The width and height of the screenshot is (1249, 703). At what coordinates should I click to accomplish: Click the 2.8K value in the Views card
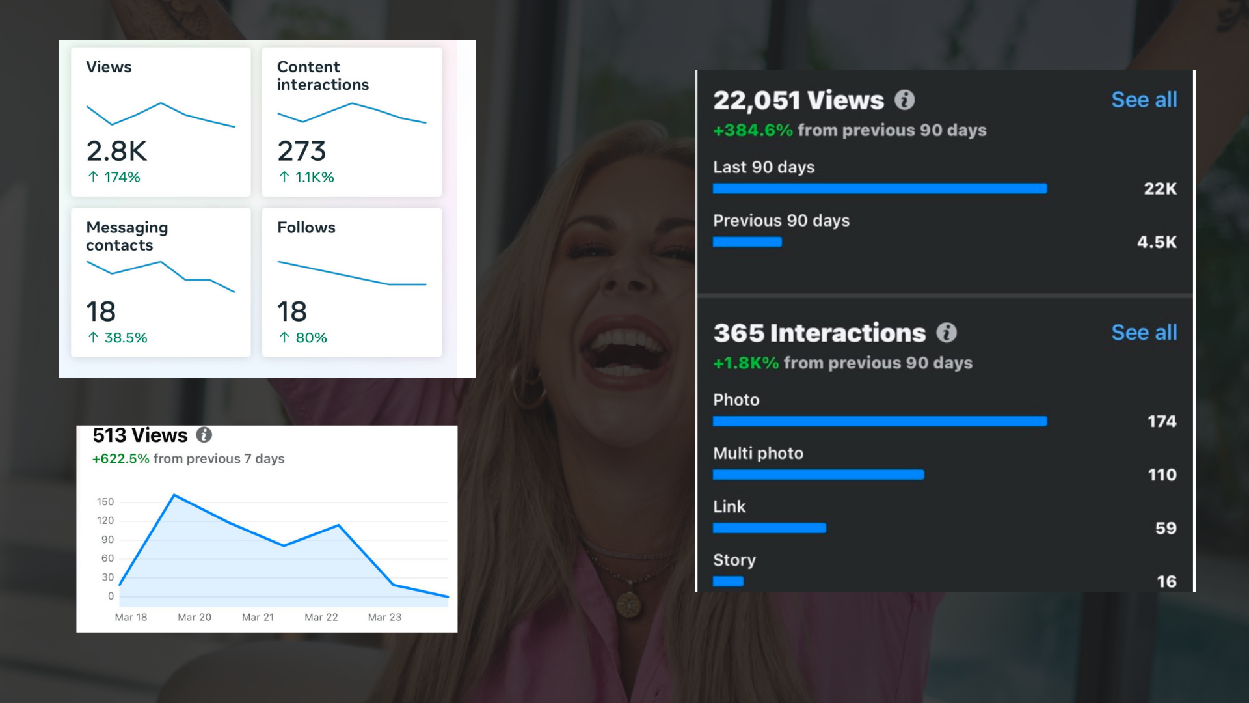[116, 151]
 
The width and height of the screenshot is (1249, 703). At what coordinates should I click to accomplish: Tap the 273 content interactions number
[301, 151]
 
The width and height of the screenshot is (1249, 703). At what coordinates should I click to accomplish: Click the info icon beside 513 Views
[204, 435]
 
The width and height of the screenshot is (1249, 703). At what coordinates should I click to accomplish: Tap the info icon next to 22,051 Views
[904, 100]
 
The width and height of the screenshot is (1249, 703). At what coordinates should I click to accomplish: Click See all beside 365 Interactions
[1144, 333]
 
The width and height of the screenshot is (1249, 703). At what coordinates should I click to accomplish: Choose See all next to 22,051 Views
[1144, 100]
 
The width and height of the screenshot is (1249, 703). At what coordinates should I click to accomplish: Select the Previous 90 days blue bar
[747, 242]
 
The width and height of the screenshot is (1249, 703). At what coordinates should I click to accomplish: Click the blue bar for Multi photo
[818, 475]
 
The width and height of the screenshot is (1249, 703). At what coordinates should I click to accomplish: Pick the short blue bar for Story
[728, 581]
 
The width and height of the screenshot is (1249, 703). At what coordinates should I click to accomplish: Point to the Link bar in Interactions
[769, 528]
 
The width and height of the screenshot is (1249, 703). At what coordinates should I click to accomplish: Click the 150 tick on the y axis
[105, 502]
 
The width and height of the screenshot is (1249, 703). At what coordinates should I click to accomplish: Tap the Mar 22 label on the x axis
[321, 617]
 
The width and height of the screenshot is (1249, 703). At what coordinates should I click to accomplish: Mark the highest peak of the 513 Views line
[174, 495]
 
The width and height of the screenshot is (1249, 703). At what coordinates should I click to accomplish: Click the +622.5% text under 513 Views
[121, 459]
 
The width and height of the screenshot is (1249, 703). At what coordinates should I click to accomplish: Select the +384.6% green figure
[753, 130]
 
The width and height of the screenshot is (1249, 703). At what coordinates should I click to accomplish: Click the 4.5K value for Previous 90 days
[1157, 242]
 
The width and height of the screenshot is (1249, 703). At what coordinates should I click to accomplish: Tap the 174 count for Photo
[1162, 421]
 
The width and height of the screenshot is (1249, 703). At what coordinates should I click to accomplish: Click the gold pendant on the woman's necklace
[628, 603]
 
